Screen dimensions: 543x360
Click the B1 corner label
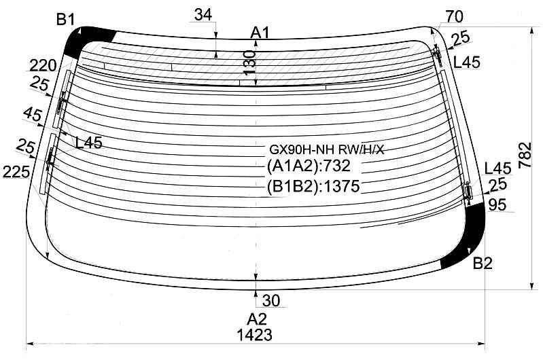coord(65,20)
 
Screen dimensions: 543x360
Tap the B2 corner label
coord(483,264)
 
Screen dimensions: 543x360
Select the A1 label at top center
coord(260,33)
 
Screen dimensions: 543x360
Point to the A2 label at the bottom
coord(257,319)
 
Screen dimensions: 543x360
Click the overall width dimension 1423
coord(255,335)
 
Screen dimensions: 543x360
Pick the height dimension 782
coord(525,155)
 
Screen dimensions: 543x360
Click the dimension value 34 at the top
coord(203,15)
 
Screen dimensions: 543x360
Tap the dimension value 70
coord(454,16)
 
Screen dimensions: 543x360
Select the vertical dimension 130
coord(249,62)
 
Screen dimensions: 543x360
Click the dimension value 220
coord(43,65)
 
